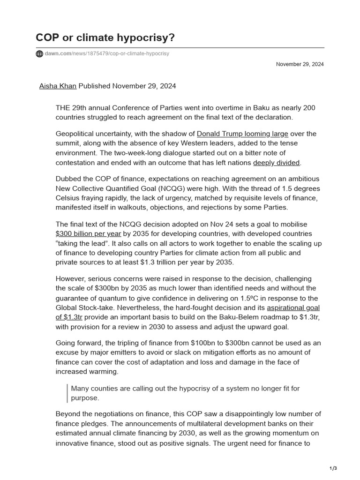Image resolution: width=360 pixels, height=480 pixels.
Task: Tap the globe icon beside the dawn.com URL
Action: click(x=39, y=54)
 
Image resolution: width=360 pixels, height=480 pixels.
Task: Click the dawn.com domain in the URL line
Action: click(x=58, y=54)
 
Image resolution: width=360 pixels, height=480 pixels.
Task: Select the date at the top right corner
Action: click(x=300, y=64)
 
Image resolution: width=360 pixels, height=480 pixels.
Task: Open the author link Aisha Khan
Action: click(x=58, y=86)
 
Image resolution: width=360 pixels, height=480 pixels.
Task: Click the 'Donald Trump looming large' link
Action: click(x=242, y=134)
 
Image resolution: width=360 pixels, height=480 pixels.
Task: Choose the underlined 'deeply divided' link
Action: click(x=276, y=163)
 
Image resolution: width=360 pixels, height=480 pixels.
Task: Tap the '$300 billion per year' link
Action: click(x=88, y=233)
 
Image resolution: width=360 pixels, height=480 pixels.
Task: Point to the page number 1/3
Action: click(x=334, y=468)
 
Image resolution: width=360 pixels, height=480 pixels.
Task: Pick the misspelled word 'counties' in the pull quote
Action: click(x=104, y=389)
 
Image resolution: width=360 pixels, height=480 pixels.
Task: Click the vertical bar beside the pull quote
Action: click(x=67, y=393)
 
